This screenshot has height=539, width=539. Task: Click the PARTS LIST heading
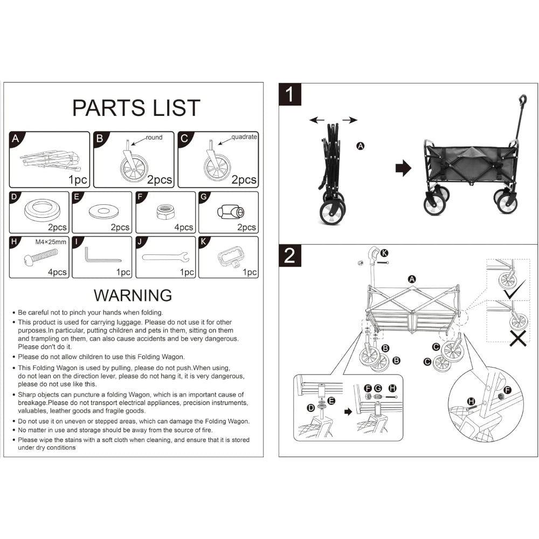(136, 108)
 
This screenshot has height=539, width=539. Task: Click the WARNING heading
(133, 295)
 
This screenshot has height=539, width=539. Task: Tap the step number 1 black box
(290, 94)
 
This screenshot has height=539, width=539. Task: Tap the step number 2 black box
(290, 255)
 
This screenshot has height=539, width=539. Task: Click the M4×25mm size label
(51, 242)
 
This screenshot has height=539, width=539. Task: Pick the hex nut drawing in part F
(165, 212)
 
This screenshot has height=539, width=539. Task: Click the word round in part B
(154, 137)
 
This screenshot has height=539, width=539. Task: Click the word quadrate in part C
(244, 137)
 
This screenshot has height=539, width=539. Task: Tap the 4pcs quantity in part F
(184, 227)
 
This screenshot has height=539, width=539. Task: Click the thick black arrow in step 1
(403, 168)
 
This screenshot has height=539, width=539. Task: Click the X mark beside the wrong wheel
(518, 338)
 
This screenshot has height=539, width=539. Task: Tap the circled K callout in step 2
(384, 253)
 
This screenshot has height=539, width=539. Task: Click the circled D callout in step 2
(311, 407)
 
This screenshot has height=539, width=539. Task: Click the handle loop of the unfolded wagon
(523, 100)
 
